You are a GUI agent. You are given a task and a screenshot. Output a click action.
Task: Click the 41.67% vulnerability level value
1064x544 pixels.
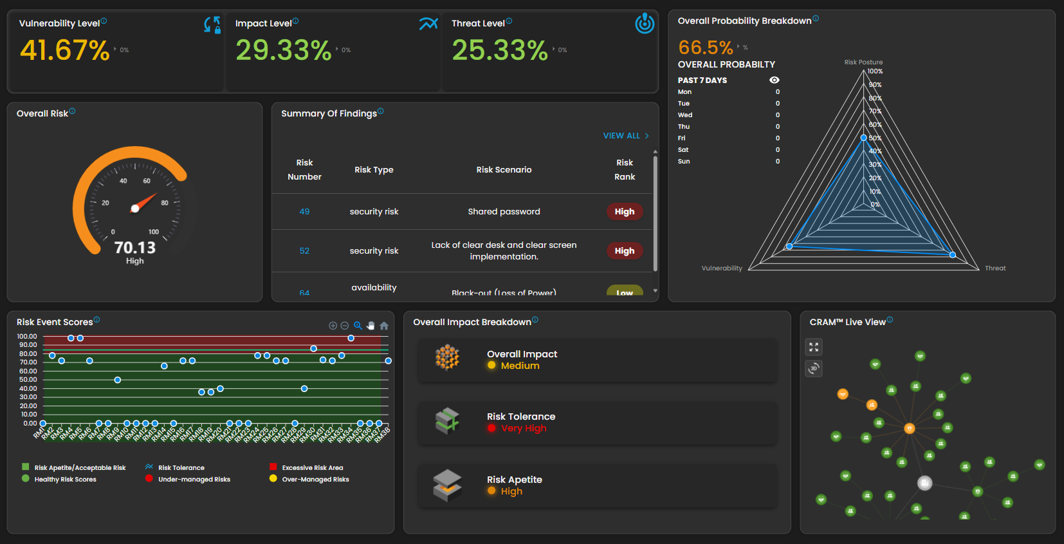[65, 50]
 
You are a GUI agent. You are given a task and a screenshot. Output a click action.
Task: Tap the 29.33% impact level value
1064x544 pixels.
[283, 50]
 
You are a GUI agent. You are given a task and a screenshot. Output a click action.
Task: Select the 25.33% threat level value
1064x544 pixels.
[500, 50]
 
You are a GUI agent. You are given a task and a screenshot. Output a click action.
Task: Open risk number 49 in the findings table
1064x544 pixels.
[304, 212]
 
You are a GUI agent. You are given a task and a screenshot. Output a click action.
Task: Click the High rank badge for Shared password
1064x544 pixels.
[624, 212]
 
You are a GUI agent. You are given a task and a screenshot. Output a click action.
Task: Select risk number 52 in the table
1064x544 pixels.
[304, 251]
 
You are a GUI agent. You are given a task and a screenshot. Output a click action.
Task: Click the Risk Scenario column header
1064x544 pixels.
[504, 170]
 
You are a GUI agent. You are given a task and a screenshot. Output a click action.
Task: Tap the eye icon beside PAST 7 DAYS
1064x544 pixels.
[775, 80]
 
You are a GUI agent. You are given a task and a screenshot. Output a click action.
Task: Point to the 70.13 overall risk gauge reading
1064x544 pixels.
[135, 248]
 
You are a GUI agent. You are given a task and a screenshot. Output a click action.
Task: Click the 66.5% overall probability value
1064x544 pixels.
[705, 48]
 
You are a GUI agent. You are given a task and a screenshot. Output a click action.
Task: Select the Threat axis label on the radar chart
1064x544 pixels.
[995, 268]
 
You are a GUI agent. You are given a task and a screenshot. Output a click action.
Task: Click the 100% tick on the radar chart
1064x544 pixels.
[875, 71]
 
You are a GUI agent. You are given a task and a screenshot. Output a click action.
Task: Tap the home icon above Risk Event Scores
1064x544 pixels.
[384, 326]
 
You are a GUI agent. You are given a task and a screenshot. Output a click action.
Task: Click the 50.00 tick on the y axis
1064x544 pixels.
[28, 380]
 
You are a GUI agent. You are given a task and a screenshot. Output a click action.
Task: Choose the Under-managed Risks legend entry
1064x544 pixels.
[194, 479]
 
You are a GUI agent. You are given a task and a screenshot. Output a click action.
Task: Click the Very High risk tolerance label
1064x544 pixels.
[524, 428]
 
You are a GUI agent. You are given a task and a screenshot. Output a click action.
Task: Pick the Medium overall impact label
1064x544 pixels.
[520, 366]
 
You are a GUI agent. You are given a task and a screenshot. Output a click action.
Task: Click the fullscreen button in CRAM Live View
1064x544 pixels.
[814, 347]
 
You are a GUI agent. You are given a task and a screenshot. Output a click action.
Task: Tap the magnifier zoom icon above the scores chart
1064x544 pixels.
[358, 326]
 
